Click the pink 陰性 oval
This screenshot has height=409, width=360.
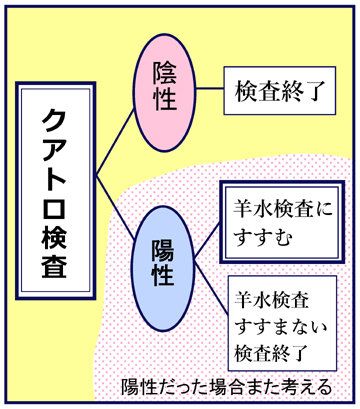point(164,92)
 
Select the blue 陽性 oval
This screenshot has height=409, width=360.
point(163,268)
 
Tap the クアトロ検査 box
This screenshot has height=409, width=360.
point(56,191)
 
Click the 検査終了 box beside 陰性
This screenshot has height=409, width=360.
point(279,91)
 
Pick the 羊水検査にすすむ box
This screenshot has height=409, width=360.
point(282,222)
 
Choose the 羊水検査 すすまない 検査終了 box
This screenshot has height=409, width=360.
point(282,323)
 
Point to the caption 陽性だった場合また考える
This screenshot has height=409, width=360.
point(227,387)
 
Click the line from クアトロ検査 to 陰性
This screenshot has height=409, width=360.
point(115,142)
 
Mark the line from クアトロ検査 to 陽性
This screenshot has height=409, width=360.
point(115,207)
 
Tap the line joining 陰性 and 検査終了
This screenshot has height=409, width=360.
point(210,89)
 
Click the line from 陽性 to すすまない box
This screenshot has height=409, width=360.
point(211,287)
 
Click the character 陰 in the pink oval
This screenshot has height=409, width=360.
point(164,73)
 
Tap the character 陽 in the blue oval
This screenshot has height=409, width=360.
point(163,250)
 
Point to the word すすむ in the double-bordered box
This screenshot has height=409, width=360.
point(263,237)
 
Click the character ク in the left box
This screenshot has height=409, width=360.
point(54,121)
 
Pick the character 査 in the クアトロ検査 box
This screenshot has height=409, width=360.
point(54,265)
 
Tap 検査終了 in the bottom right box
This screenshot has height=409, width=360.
point(270,353)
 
